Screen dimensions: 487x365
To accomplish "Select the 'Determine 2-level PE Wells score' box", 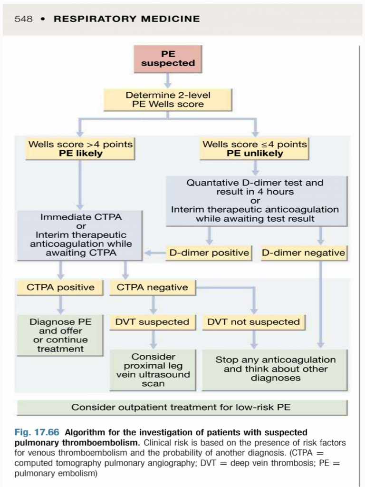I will point(168,99).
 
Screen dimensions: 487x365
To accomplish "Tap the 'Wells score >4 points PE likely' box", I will point(80,148).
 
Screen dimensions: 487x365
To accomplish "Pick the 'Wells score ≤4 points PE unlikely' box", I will point(255,148).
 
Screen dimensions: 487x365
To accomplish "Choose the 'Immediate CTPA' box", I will point(80,235).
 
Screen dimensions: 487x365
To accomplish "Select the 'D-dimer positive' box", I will point(209,253).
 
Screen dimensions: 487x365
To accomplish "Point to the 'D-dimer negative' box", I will point(303,253).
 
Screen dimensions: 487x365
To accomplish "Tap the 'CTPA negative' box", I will point(153,287).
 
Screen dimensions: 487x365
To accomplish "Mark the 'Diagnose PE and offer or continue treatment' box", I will point(60,335).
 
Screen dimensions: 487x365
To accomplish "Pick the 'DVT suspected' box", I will point(153,322).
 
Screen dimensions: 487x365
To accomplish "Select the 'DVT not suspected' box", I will point(254,322).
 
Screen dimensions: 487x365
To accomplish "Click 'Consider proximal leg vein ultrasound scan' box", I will point(153,370).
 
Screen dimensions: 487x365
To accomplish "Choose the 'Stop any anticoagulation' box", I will point(275,369).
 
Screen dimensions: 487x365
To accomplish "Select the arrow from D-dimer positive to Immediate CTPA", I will point(154,253).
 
